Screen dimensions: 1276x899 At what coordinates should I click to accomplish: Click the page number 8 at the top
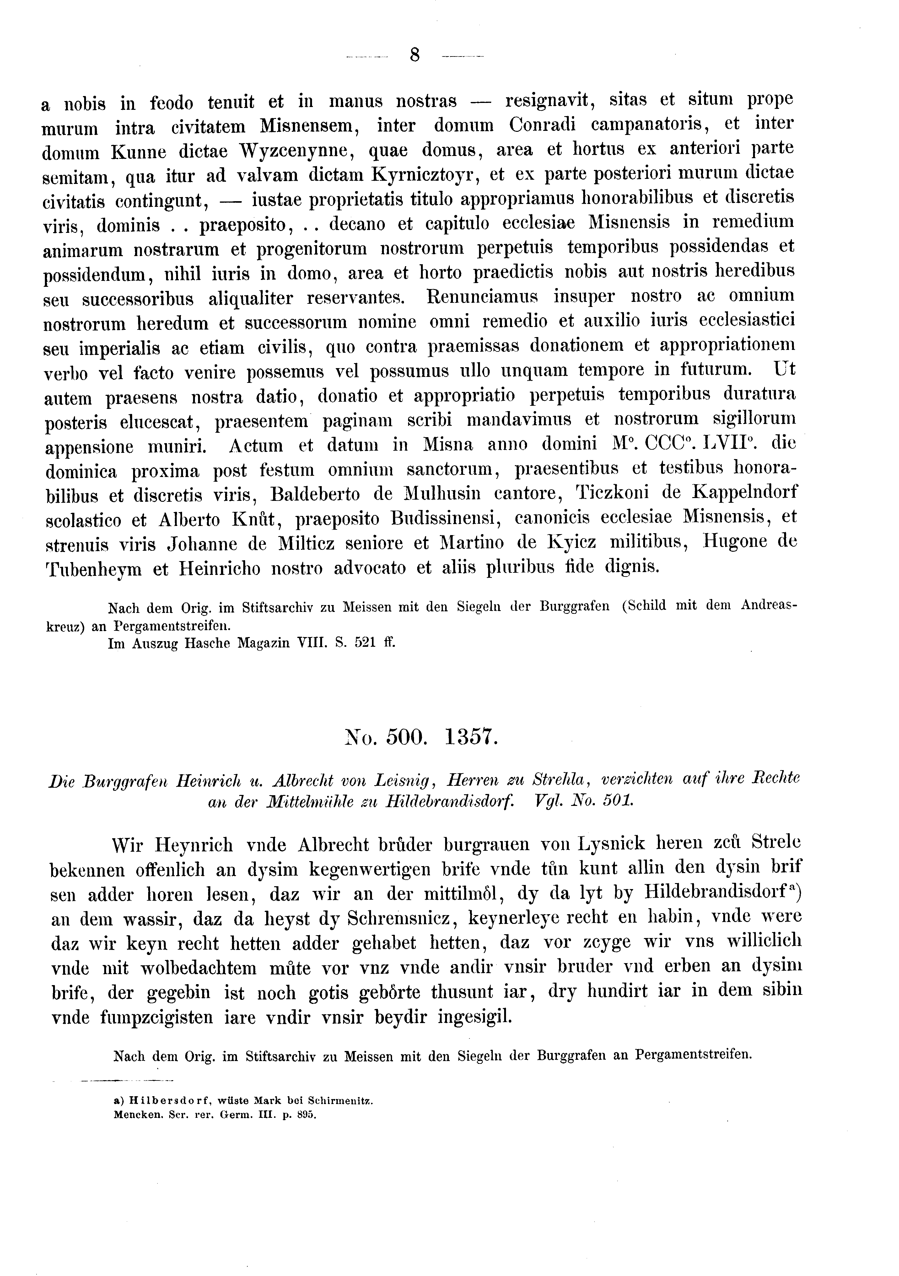point(414,55)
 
